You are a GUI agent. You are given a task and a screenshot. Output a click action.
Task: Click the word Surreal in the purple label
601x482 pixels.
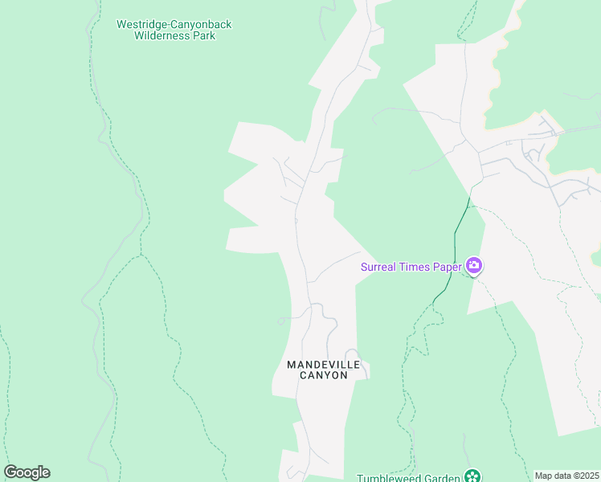tap(379, 268)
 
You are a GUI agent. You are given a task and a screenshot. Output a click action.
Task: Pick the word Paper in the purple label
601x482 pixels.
tap(447, 268)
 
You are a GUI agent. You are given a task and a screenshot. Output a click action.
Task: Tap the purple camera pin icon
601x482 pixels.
tap(474, 266)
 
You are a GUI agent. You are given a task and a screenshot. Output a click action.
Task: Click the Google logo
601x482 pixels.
tap(27, 472)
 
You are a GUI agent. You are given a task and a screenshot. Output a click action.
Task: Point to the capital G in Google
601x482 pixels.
tap(11, 472)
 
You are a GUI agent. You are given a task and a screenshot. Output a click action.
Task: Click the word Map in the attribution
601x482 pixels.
tap(544, 476)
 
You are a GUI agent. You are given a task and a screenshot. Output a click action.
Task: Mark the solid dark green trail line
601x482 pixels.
tap(455, 241)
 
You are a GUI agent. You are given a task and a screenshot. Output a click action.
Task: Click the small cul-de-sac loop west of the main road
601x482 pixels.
tap(281, 321)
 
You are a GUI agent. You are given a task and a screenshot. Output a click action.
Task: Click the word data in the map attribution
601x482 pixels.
tap(561, 476)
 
